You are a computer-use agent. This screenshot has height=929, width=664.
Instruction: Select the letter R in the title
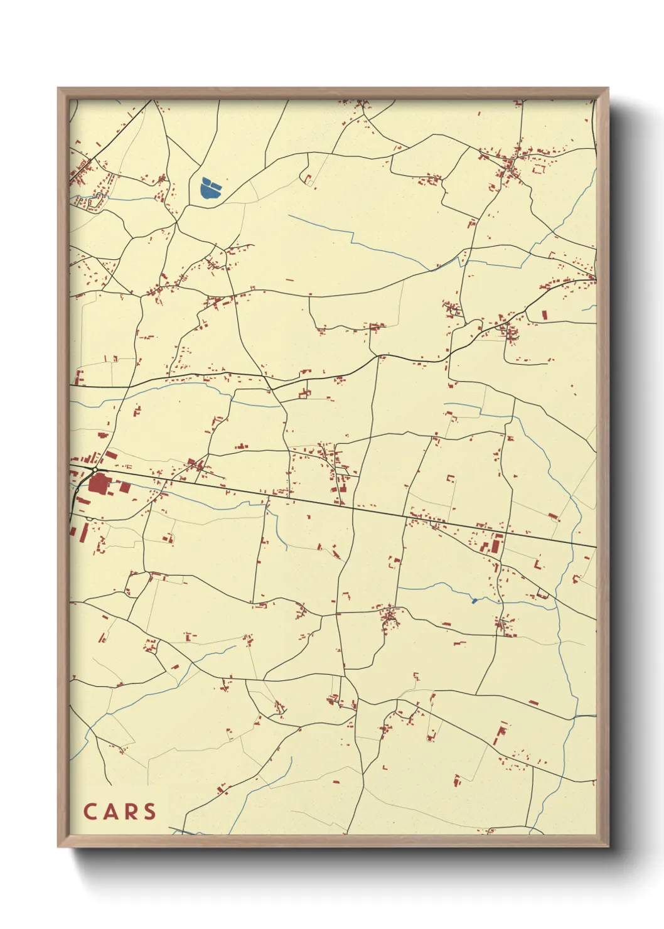point(129,811)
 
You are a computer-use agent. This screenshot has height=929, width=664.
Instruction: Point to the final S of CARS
point(149,811)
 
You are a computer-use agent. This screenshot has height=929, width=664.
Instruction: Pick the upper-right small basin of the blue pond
point(215,185)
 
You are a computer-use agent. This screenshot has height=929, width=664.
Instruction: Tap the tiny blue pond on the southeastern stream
point(474,601)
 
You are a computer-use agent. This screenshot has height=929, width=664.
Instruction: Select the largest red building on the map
point(98,483)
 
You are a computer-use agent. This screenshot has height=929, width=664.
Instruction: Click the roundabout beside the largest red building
point(94,470)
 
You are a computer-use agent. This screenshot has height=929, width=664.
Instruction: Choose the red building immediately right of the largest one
point(124,487)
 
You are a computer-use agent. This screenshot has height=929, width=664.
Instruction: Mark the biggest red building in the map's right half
point(497,544)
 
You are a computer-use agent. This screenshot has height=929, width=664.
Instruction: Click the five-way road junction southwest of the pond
point(177,221)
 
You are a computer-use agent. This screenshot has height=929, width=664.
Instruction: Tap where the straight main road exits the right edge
point(594,547)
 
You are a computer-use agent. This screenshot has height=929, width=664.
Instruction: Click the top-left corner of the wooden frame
point(58,89)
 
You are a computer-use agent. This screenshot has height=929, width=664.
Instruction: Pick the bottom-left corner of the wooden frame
point(58,846)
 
